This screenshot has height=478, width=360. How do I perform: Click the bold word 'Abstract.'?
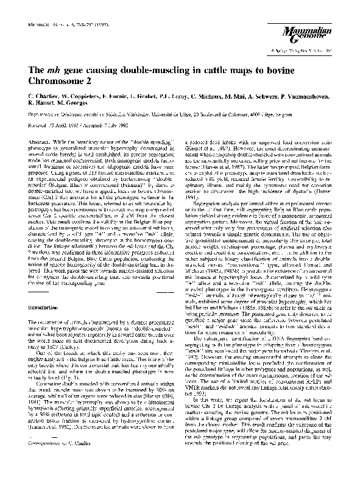click(x=40, y=139)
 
